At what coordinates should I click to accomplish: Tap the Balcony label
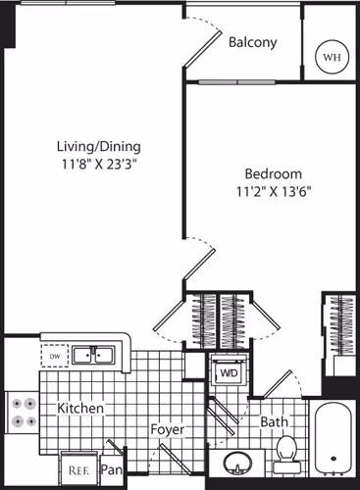[252, 43]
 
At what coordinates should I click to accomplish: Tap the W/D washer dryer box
[228, 372]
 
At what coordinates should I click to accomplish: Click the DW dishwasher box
[53, 355]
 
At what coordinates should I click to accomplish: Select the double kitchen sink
[96, 355]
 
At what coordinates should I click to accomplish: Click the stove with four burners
[22, 413]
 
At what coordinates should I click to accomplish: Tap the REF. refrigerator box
[77, 469]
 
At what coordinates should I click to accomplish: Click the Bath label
[274, 422]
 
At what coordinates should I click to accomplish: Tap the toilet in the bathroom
[286, 452]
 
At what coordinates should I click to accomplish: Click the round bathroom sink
[236, 462]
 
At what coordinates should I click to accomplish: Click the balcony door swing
[206, 39]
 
